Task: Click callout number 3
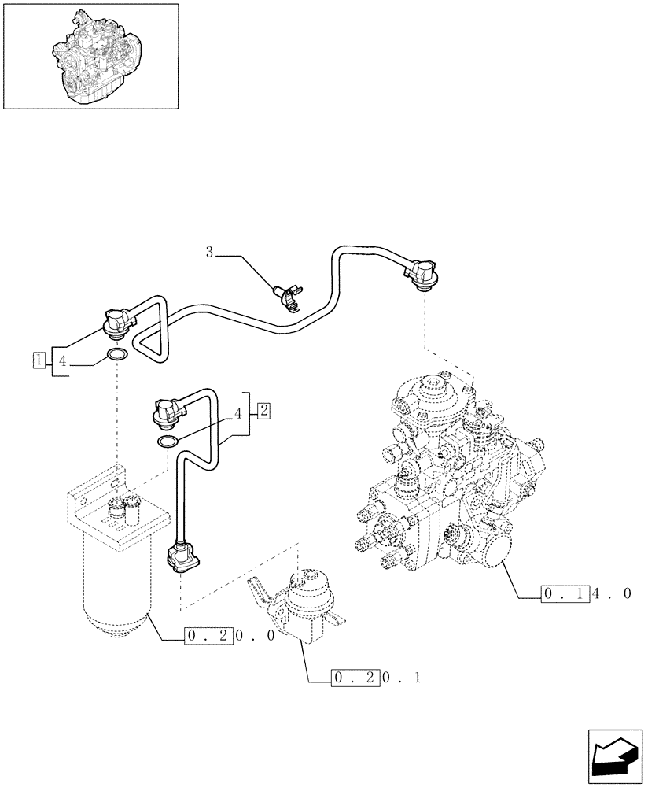click(209, 253)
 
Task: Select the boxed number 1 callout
click(38, 360)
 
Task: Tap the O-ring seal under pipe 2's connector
click(167, 442)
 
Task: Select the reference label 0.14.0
click(586, 594)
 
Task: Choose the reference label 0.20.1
click(376, 677)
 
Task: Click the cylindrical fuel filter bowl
click(116, 582)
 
